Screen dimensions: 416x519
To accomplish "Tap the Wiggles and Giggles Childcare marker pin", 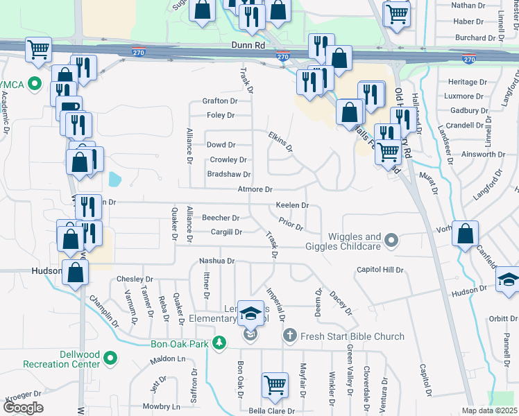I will pos(391,241).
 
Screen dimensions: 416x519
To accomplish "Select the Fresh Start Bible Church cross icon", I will pos(291,336).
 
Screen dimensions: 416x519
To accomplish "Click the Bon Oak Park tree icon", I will pos(219,343).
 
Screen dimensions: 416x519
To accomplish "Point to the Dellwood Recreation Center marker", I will pos(110,358).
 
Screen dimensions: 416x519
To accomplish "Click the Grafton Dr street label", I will pos(220,101).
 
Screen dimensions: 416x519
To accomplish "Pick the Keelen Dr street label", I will pos(292,206).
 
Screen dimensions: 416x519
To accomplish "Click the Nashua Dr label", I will pos(217,261).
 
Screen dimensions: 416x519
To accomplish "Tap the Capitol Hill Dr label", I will pos(380,270).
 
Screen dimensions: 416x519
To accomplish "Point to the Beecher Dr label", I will pos(221,218).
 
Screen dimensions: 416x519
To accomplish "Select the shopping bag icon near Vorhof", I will pos(465,234).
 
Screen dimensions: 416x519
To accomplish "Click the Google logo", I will pos(23,408).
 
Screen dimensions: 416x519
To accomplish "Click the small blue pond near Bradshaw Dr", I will pos(114,180).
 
